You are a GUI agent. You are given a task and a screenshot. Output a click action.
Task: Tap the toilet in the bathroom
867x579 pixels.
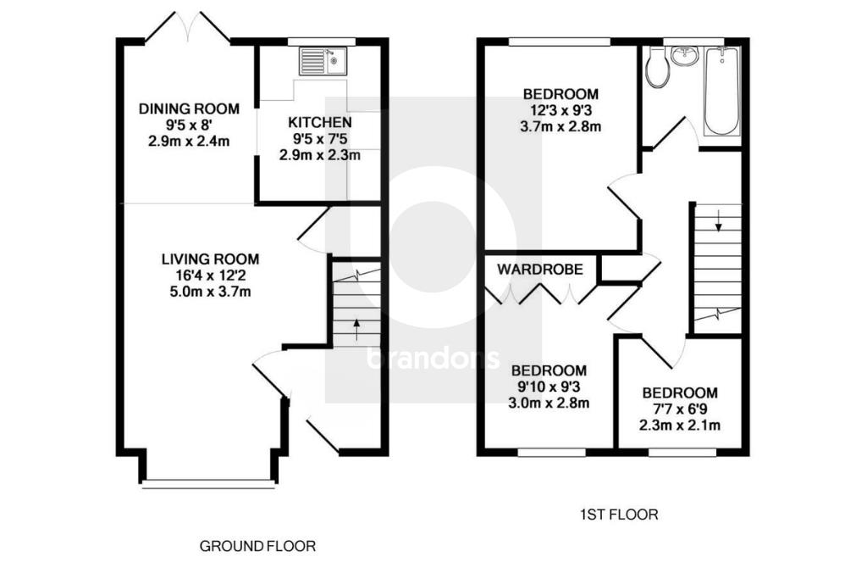tap(657, 70)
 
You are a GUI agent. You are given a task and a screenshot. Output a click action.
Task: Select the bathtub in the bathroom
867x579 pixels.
tap(721, 92)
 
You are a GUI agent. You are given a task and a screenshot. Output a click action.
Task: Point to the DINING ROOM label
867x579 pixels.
tap(189, 109)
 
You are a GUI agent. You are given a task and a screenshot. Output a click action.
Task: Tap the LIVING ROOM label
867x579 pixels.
tap(211, 259)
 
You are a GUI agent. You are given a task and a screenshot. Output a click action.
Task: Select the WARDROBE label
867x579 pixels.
tap(540, 270)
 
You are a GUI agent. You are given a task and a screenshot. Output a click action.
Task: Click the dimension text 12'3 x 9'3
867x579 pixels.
tap(561, 110)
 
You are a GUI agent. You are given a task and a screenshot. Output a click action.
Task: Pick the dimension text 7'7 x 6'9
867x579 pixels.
tap(679, 409)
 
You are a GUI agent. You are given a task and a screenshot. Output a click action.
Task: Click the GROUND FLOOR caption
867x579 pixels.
tap(257, 546)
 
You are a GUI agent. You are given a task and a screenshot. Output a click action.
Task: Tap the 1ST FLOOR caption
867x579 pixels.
tap(619, 515)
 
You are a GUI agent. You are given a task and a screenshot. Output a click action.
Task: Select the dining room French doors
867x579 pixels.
tap(188, 27)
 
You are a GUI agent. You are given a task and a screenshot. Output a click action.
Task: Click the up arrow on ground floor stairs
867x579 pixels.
tap(355, 327)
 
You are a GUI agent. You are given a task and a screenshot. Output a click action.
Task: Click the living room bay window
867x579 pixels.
tap(209, 484)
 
